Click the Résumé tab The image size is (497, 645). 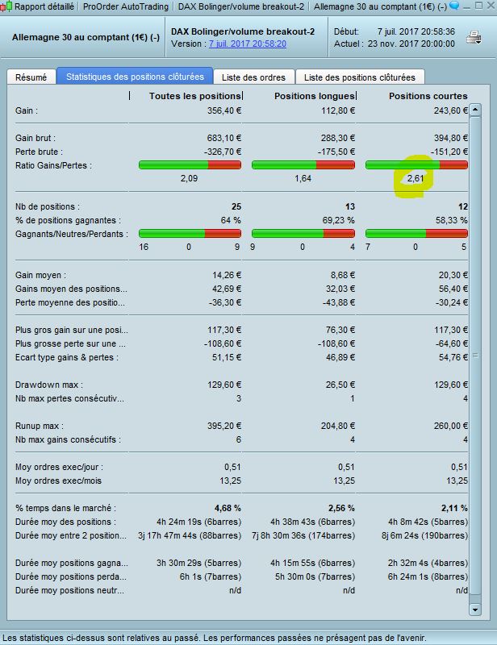[x=31, y=77]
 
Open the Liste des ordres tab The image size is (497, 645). [x=255, y=77]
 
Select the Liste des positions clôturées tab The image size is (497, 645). [x=361, y=77]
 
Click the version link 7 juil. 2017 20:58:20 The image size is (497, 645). [x=247, y=44]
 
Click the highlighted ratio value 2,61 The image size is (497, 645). [x=416, y=178]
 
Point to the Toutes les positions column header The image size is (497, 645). [x=195, y=96]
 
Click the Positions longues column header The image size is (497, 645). [x=315, y=96]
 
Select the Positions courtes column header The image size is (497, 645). [x=428, y=96]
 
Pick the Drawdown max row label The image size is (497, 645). [x=49, y=385]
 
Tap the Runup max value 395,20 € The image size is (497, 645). [x=223, y=426]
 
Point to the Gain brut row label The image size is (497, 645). [x=35, y=138]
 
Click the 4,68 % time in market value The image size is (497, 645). [x=227, y=508]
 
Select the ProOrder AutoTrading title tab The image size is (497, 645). [x=126, y=6]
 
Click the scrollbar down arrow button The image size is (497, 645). [x=475, y=610]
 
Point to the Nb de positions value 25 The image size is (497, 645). [x=236, y=206]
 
